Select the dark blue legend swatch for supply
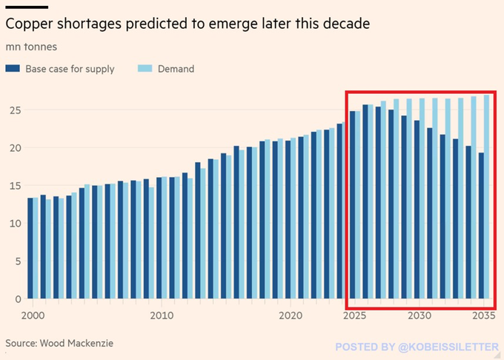[x=13, y=69]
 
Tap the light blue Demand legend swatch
[x=145, y=69]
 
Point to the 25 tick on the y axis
[x=13, y=110]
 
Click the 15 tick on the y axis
[x=13, y=186]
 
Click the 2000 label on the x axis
[x=32, y=315]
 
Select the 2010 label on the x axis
[x=161, y=315]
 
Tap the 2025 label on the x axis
[x=354, y=315]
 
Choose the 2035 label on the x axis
[x=483, y=315]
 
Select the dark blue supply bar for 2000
[x=30, y=248]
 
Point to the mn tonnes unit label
[x=31, y=47]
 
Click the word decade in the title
[x=348, y=24]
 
